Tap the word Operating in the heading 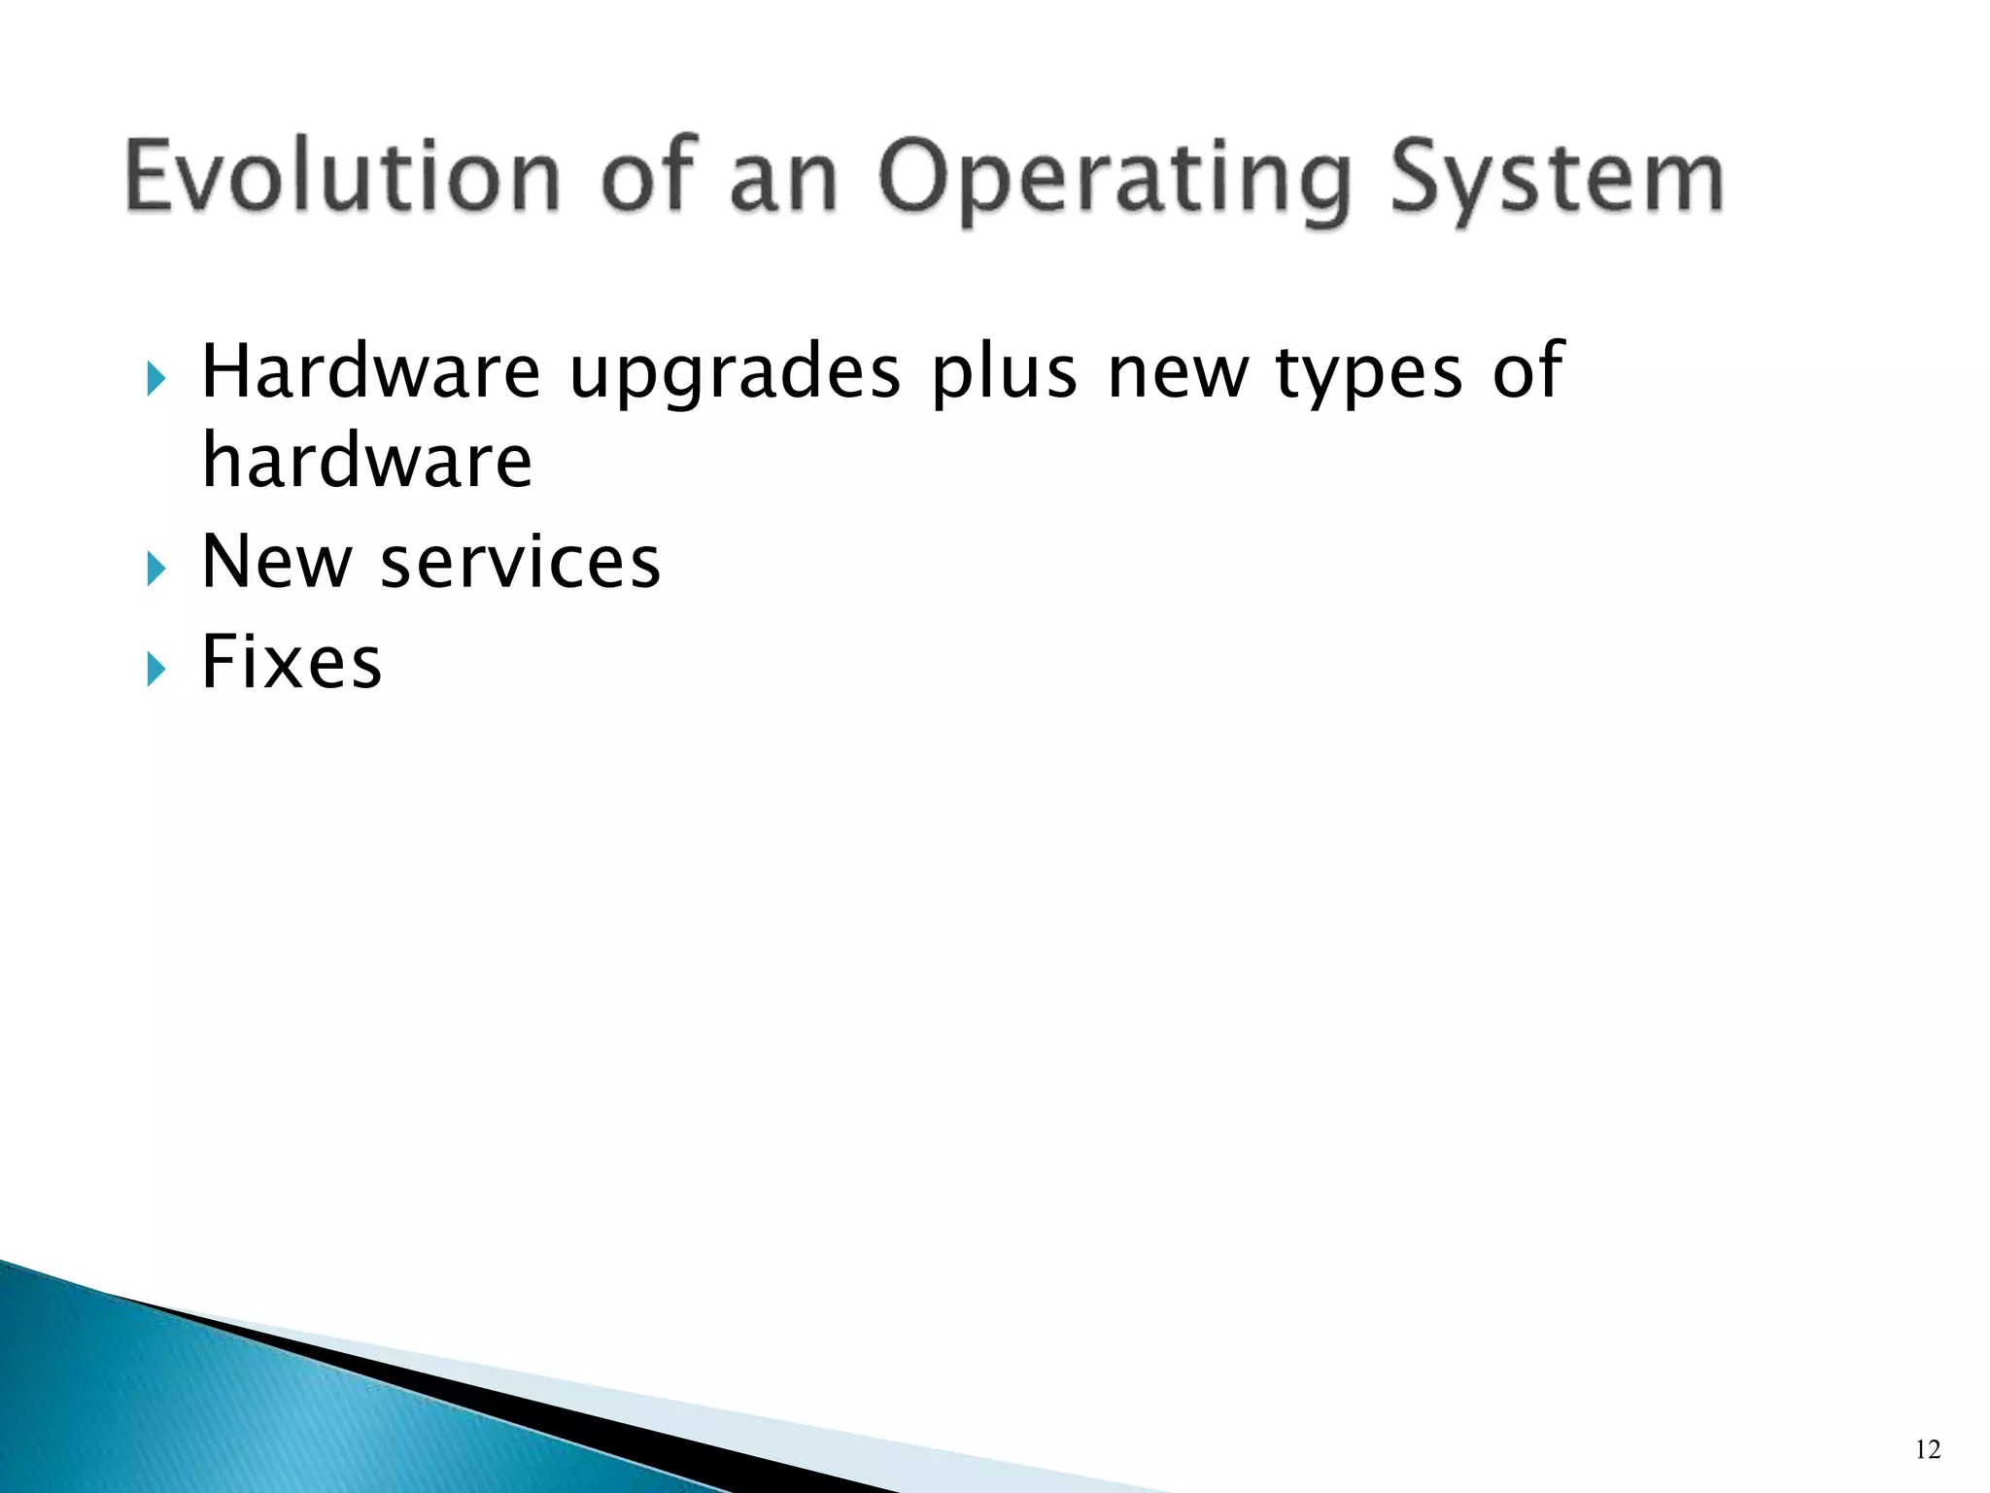[x=1115, y=180]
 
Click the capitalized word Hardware [x=370, y=371]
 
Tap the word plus [x=1005, y=373]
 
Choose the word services [x=520, y=563]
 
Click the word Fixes [x=292, y=662]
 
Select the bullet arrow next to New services [x=156, y=569]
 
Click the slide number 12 [x=1928, y=1450]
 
